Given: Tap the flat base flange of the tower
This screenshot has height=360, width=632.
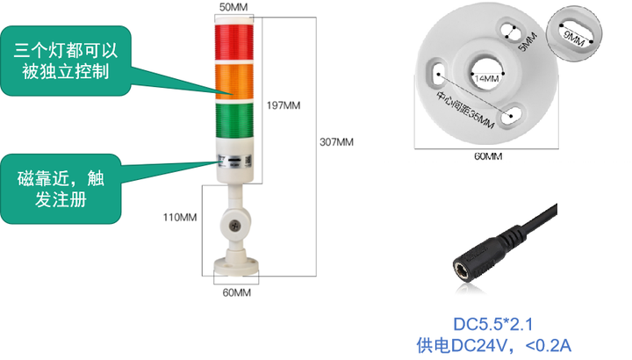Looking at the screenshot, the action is click(234, 263).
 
